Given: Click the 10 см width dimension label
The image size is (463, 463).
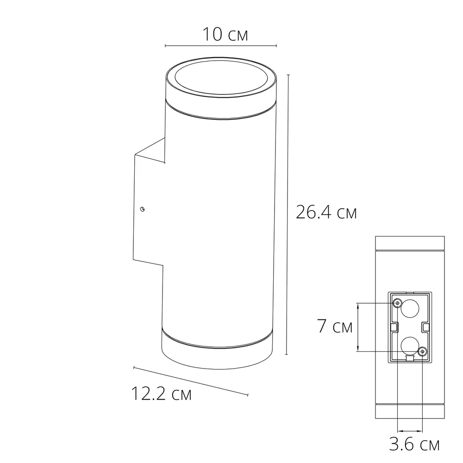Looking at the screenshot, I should click(x=225, y=34).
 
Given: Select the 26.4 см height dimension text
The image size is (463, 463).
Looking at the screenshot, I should click(x=326, y=213).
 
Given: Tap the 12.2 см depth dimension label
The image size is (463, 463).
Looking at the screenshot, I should click(x=161, y=394).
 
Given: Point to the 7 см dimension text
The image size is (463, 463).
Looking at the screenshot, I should click(x=335, y=326).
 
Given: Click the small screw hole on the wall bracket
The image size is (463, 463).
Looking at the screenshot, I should click(x=144, y=209).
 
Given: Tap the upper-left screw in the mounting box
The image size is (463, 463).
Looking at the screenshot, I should click(x=397, y=303).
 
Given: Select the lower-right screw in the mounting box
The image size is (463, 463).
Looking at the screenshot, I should click(x=422, y=352).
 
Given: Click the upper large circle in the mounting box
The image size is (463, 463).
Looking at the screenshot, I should click(x=410, y=309).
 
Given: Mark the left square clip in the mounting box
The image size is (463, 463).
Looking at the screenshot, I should click(x=394, y=327).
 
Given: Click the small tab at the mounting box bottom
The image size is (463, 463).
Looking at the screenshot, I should click(x=409, y=358).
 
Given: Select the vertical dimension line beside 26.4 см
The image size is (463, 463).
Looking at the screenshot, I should click(x=288, y=213).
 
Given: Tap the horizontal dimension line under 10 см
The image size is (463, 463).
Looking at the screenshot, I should click(x=220, y=46).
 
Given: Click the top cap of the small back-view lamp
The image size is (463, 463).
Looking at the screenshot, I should click(x=409, y=243).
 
